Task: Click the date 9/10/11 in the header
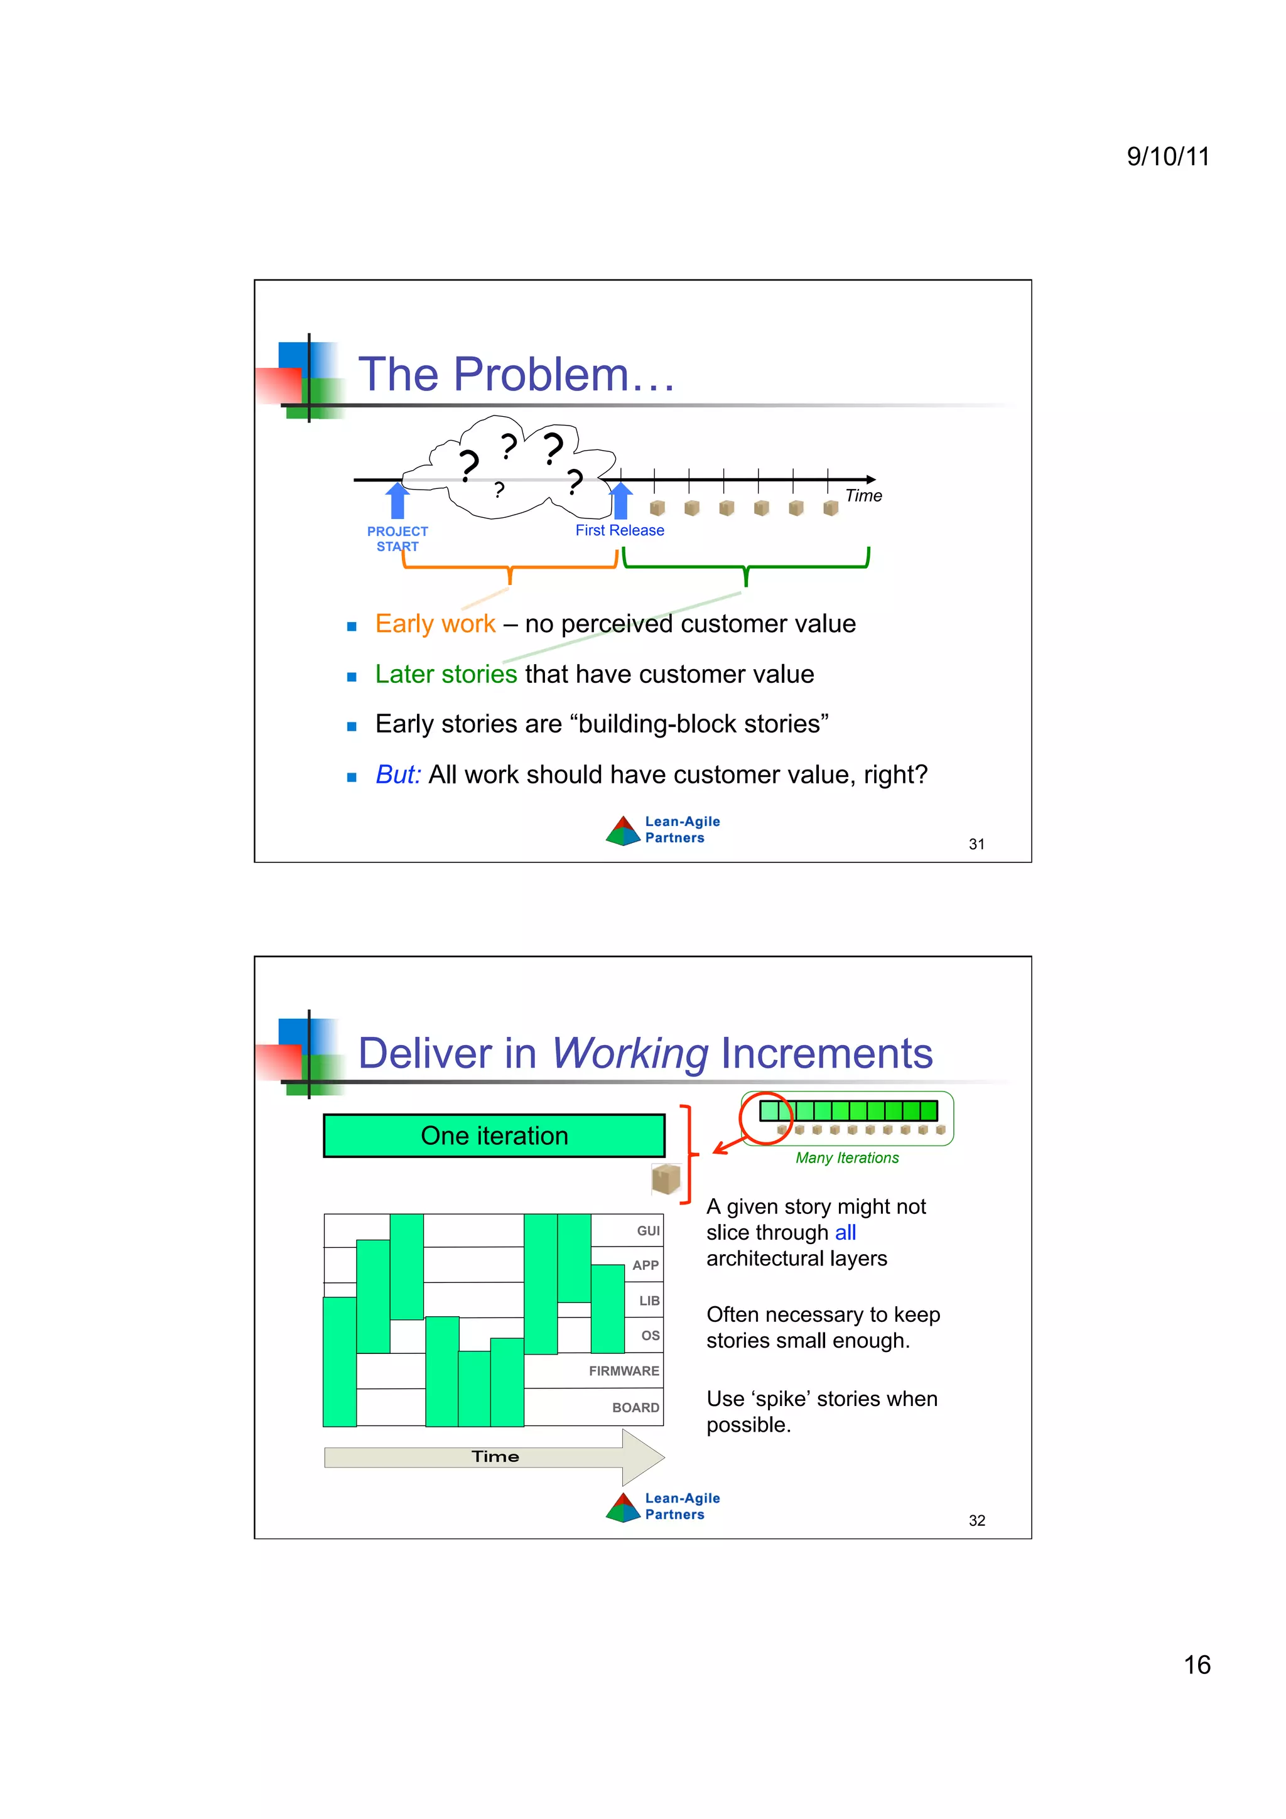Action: (1167, 156)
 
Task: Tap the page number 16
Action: (1196, 1665)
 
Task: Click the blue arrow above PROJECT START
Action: (397, 501)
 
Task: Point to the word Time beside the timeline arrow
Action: (863, 496)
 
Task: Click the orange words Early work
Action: (435, 625)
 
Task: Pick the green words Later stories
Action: (445, 674)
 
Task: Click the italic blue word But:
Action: (397, 775)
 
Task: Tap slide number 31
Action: (976, 845)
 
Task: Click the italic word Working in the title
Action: (630, 1054)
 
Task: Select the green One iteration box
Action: (494, 1136)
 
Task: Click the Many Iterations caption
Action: (847, 1158)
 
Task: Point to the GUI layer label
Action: (648, 1231)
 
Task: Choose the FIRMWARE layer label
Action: (624, 1371)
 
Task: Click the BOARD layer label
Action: (635, 1408)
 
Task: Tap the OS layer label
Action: (651, 1336)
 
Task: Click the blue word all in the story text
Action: (845, 1233)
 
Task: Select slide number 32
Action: (976, 1521)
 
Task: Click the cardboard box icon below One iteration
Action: (666, 1179)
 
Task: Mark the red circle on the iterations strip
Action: (766, 1118)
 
